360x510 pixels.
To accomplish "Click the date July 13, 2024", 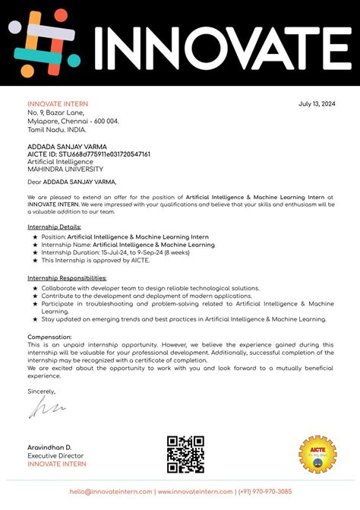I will pyautogui.click(x=315, y=104).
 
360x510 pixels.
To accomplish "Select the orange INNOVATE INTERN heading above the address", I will pyautogui.click(x=58, y=104).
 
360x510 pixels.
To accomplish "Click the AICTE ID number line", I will pyautogui.click(x=88, y=154).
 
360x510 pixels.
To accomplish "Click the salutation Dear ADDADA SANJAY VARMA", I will pyautogui.click(x=72, y=182).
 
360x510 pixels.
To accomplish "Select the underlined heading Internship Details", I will pyautogui.click(x=54, y=227).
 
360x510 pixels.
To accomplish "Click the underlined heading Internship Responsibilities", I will pyautogui.click(x=68, y=278).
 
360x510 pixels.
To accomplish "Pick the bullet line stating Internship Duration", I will pyautogui.click(x=115, y=253).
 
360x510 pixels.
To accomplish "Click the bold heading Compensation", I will pyautogui.click(x=49, y=337).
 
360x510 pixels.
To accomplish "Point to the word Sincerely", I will pyautogui.click(x=42, y=391).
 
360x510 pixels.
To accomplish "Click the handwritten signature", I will pyautogui.click(x=47, y=410).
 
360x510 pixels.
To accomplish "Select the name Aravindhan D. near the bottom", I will pyautogui.click(x=49, y=448).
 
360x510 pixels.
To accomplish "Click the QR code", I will pyautogui.click(x=185, y=455).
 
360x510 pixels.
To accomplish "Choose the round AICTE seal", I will pyautogui.click(x=317, y=455).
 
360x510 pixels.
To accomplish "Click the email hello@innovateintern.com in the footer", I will pyautogui.click(x=112, y=492).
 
